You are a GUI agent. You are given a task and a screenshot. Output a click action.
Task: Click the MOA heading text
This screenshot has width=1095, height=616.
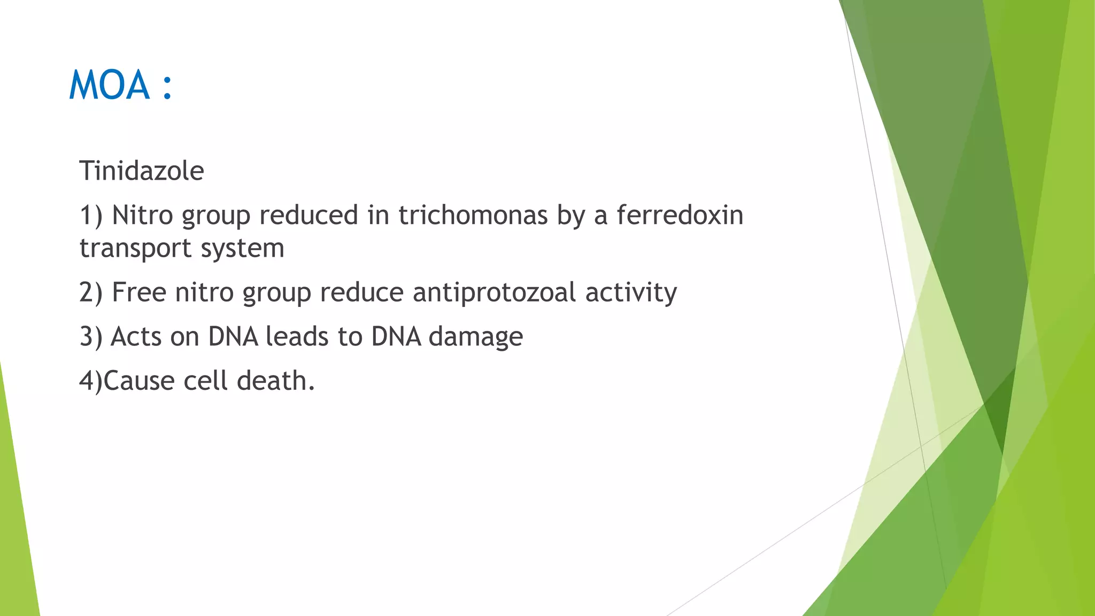[x=109, y=86]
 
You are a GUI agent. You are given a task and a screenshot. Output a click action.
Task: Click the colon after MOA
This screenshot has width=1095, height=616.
[x=167, y=87]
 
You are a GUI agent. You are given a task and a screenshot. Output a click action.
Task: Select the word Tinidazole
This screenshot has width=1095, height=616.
[x=142, y=171]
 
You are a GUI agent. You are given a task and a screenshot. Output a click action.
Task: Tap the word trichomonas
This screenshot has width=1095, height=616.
[x=473, y=215]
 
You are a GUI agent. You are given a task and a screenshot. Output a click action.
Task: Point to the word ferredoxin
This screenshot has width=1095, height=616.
[x=680, y=215]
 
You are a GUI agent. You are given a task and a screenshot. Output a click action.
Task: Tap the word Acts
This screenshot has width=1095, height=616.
[x=136, y=337]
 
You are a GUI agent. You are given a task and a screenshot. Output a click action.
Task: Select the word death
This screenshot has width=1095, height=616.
[x=275, y=381]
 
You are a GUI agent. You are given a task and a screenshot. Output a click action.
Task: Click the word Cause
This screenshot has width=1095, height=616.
[x=139, y=381]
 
